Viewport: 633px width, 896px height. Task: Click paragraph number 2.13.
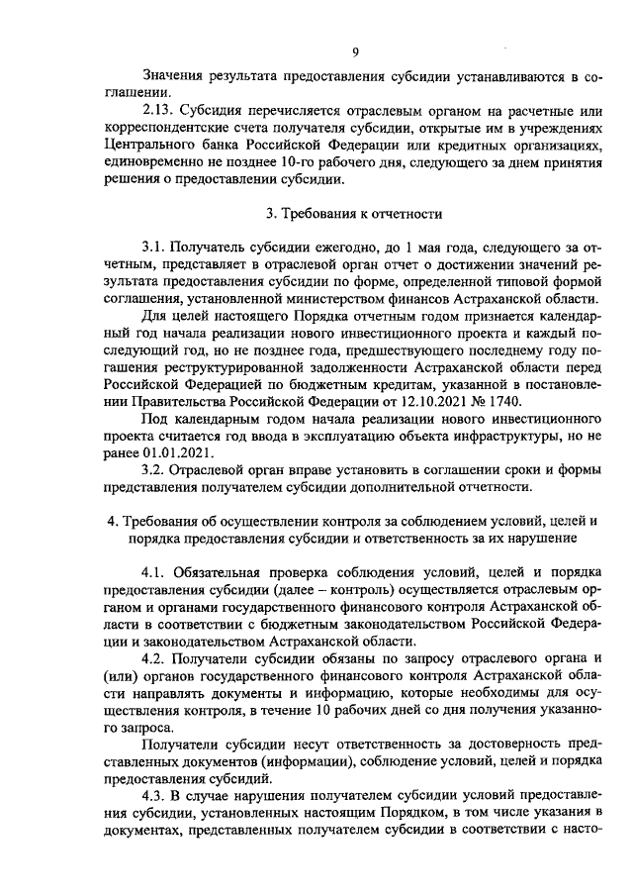click(160, 109)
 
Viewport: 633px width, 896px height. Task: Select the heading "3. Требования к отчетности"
click(355, 213)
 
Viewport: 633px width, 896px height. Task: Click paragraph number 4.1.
click(156, 571)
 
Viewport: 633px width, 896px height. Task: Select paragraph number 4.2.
click(156, 657)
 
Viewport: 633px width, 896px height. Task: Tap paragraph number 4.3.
click(156, 795)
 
